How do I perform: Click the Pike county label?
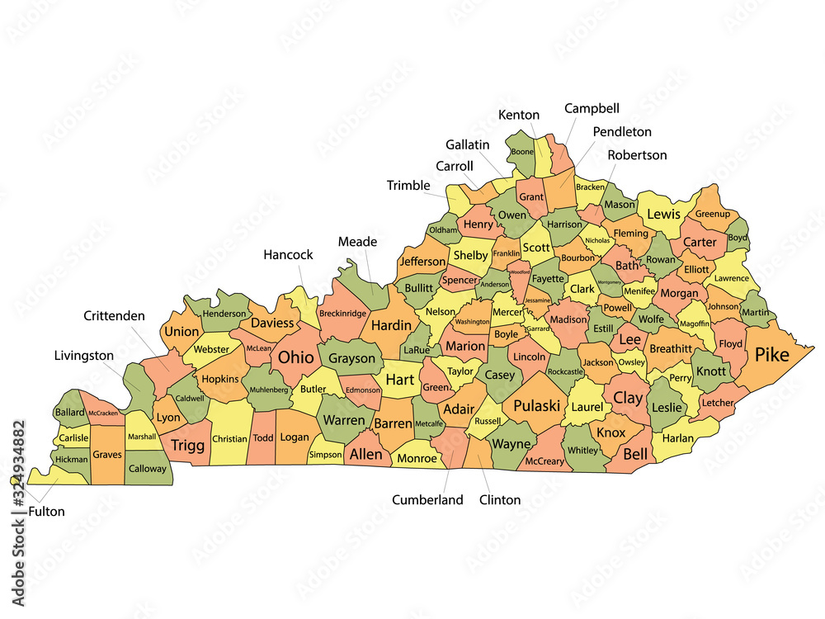pyautogui.click(x=771, y=355)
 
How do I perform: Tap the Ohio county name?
pyautogui.click(x=295, y=357)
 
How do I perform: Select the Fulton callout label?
pyautogui.click(x=46, y=511)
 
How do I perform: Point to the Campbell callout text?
pyautogui.click(x=592, y=108)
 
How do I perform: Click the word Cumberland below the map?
pyautogui.click(x=427, y=499)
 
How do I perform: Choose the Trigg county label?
pyautogui.click(x=188, y=446)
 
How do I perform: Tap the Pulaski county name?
pyautogui.click(x=537, y=405)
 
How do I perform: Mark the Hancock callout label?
pyautogui.click(x=288, y=254)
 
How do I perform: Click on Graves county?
pyautogui.click(x=107, y=453)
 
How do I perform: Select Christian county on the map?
pyautogui.click(x=229, y=439)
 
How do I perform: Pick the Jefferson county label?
pyautogui.click(x=422, y=262)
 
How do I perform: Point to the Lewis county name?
pyautogui.click(x=663, y=215)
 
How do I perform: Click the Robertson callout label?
pyautogui.click(x=637, y=155)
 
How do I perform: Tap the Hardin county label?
pyautogui.click(x=391, y=325)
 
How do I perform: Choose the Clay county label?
pyautogui.click(x=628, y=397)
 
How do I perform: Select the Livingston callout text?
pyautogui.click(x=84, y=356)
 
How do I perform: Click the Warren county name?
pyautogui.click(x=344, y=420)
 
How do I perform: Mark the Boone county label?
pyautogui.click(x=521, y=152)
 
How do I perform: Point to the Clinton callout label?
pyautogui.click(x=500, y=499)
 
